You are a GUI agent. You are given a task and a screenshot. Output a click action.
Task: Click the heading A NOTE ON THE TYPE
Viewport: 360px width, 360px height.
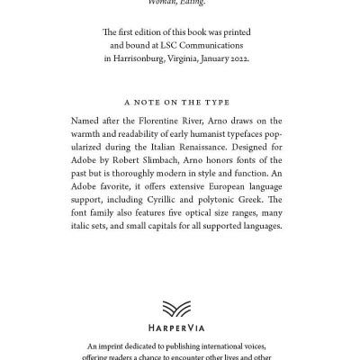(179, 102)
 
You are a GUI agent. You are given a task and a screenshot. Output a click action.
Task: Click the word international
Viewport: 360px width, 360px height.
(229, 346)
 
